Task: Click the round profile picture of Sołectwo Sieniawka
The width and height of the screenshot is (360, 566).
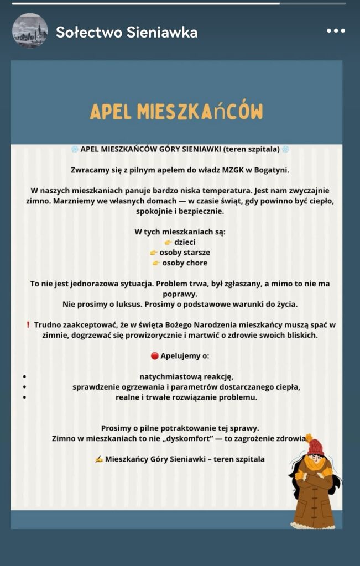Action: (x=30, y=31)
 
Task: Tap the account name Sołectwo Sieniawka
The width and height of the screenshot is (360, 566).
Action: (x=127, y=32)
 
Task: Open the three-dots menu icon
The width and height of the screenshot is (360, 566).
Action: (x=336, y=31)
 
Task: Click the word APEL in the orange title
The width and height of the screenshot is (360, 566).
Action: (x=111, y=111)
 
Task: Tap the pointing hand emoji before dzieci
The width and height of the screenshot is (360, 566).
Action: (x=168, y=242)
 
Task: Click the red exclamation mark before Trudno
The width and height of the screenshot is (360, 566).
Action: (x=28, y=325)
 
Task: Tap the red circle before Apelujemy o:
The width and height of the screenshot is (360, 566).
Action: (x=154, y=356)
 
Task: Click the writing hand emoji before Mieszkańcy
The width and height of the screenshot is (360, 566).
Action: (x=98, y=459)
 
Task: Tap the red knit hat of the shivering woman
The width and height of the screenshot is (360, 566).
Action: (x=316, y=446)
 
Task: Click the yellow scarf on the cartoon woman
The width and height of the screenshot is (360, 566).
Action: (x=315, y=463)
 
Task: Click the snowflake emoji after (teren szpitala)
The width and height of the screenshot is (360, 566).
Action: (x=285, y=149)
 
